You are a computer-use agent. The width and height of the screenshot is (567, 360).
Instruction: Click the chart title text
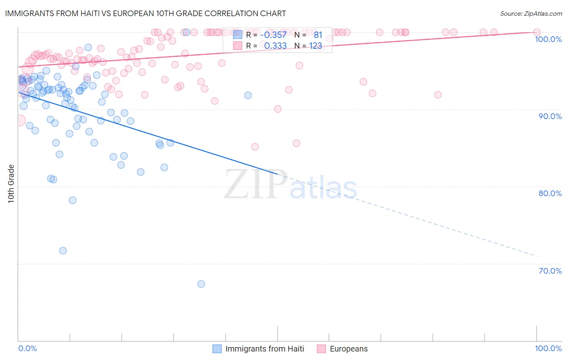(145, 13)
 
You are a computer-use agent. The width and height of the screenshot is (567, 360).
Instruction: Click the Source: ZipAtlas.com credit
(531, 14)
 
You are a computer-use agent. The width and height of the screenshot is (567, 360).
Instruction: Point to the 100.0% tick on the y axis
(548, 39)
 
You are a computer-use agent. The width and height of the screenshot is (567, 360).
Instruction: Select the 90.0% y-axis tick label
(550, 116)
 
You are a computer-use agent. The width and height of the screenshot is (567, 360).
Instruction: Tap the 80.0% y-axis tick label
(550, 193)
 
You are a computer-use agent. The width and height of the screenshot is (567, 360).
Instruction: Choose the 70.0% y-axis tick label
(550, 271)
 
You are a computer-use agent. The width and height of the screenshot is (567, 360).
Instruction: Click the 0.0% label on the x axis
(27, 348)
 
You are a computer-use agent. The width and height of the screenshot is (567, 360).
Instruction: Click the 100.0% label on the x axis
(548, 348)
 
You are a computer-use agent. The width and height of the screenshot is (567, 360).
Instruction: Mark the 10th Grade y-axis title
(11, 184)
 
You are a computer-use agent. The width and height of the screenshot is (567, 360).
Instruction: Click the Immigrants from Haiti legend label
(265, 349)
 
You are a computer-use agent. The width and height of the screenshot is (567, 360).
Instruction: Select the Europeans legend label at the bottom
(348, 349)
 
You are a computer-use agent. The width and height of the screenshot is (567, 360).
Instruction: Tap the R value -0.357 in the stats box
(275, 35)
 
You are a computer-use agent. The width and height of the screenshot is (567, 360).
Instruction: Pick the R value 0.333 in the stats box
(275, 46)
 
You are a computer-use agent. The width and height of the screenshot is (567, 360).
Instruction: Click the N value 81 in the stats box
(318, 35)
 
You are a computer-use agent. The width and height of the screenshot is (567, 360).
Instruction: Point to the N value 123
(315, 46)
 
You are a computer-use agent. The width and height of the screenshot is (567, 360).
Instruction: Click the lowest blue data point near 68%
(201, 284)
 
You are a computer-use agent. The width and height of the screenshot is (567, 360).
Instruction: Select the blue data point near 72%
(63, 251)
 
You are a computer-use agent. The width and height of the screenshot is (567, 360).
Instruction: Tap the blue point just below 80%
(73, 200)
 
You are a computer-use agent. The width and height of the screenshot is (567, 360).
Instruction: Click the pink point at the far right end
(536, 32)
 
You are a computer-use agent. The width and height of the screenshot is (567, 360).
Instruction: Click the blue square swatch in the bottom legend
(217, 349)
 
